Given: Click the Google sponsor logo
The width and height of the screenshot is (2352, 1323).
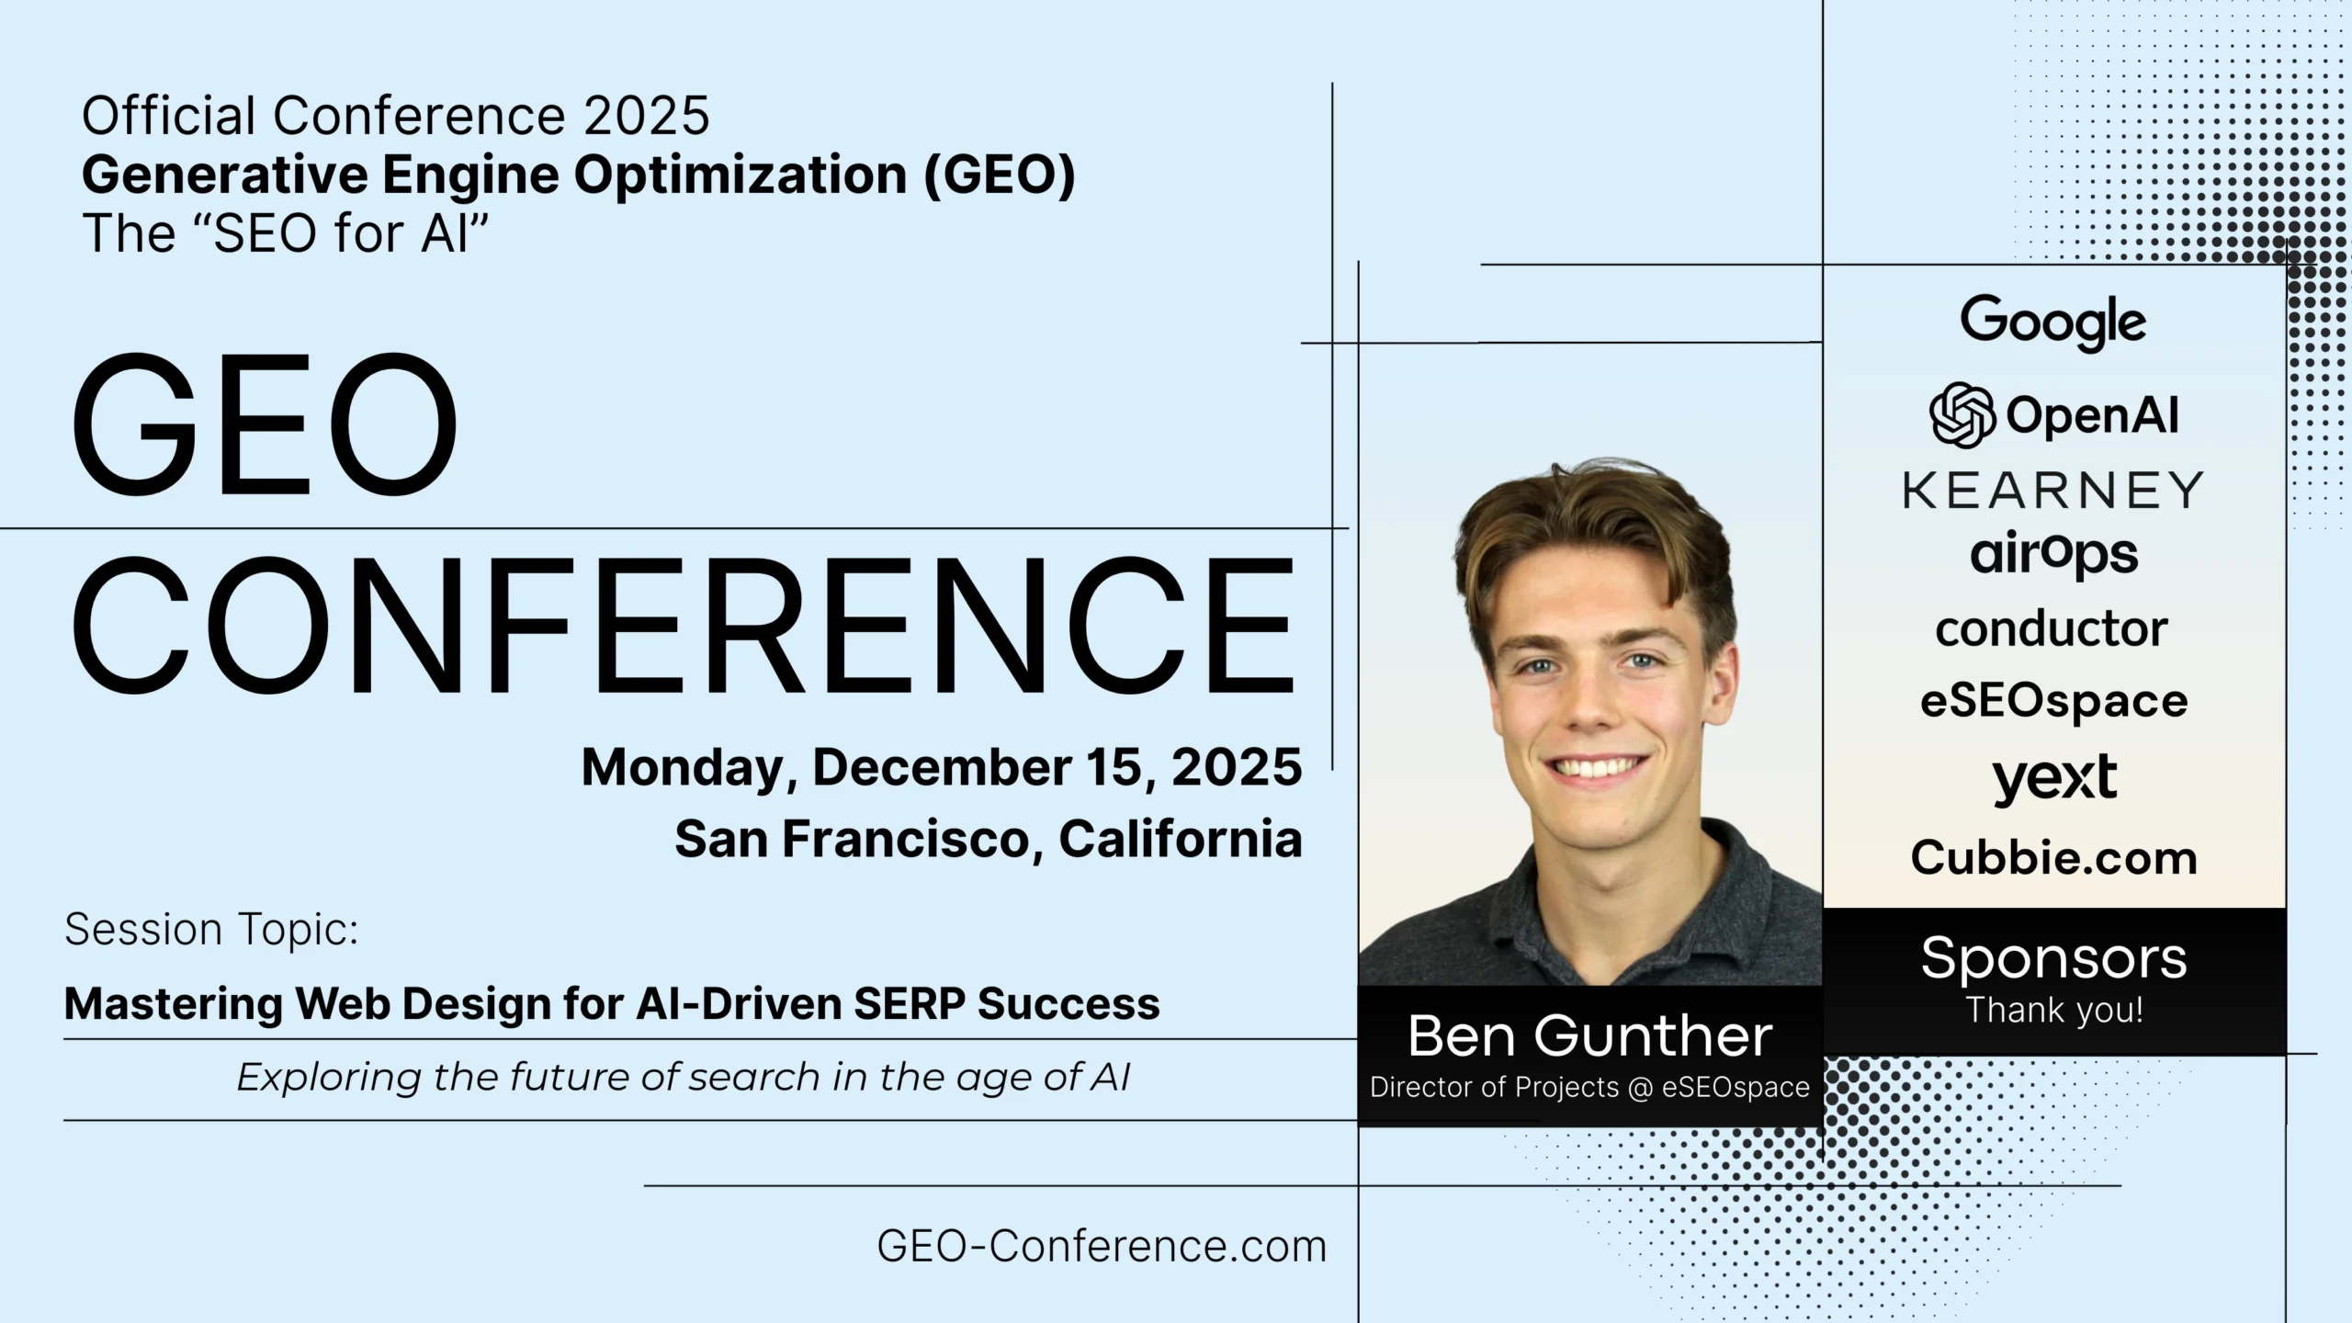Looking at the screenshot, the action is pyautogui.click(x=2053, y=322).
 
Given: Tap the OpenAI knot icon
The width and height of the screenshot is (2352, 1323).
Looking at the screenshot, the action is pyautogui.click(x=1962, y=415).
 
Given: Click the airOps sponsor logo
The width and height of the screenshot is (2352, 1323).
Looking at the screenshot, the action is pyautogui.click(x=2053, y=555).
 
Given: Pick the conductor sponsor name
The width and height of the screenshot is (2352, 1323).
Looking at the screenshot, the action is pyautogui.click(x=2052, y=629).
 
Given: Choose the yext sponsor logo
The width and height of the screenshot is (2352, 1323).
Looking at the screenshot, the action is pyautogui.click(x=2054, y=779).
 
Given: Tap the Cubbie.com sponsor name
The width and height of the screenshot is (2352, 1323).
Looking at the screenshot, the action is pyautogui.click(x=2054, y=858).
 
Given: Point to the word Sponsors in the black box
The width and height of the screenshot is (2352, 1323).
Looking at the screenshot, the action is pyautogui.click(x=2054, y=958).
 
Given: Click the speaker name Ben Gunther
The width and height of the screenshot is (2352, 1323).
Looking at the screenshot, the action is pyautogui.click(x=1589, y=1036).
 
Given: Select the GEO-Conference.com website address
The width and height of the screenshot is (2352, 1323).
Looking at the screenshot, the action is pyautogui.click(x=1102, y=1247).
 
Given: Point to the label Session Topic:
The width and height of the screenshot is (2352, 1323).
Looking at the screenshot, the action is pyautogui.click(x=211, y=929).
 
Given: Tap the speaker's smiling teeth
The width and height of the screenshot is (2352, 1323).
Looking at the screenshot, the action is pyautogui.click(x=1596, y=767).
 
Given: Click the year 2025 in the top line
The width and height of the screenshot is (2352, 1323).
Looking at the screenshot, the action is pyautogui.click(x=646, y=116).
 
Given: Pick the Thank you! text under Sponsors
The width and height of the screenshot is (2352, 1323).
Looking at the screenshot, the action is pyautogui.click(x=2054, y=1011).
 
